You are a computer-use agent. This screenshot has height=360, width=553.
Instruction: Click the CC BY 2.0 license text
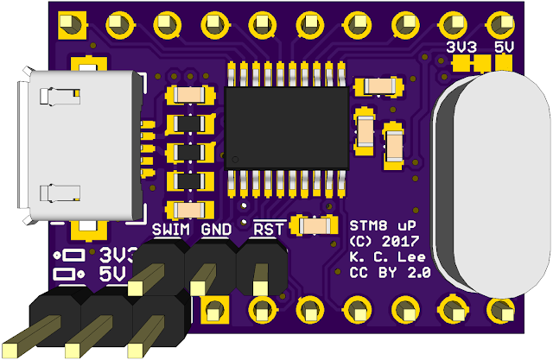389,273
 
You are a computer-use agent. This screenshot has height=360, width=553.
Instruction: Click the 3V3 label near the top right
458,45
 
